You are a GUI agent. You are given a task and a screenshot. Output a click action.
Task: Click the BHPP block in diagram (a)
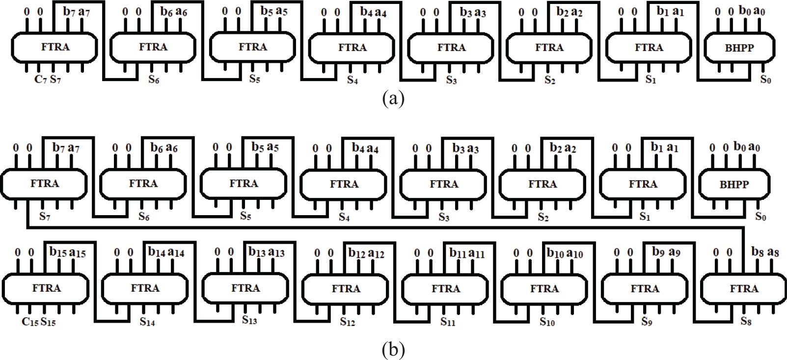pos(739,48)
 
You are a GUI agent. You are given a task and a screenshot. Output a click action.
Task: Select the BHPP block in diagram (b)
pos(734,184)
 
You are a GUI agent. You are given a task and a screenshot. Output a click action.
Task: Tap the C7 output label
pos(40,79)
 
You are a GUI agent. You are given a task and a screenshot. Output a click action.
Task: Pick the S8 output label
pos(746,322)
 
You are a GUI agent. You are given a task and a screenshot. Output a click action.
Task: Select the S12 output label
pos(347,322)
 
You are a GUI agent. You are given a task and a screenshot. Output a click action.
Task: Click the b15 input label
pos(57,252)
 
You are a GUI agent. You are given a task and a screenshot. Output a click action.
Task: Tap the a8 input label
pos(773,252)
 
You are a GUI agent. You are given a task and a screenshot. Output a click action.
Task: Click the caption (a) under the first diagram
pos(393,99)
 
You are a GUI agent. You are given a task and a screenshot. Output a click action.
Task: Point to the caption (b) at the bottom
pos(393,350)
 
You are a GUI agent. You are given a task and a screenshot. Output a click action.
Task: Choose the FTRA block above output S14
pos(145,288)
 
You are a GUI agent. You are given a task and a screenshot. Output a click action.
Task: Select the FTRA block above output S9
pos(645,288)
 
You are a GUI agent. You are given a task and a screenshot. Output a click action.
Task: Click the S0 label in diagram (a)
pos(765,79)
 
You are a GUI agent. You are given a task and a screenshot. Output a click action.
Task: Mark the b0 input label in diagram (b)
pos(740,146)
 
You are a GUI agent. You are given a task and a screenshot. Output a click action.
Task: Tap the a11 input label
pos(476,253)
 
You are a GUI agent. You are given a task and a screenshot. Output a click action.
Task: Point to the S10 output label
pos(547,322)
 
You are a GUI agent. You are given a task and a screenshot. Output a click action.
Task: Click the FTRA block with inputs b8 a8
pos(744,288)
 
